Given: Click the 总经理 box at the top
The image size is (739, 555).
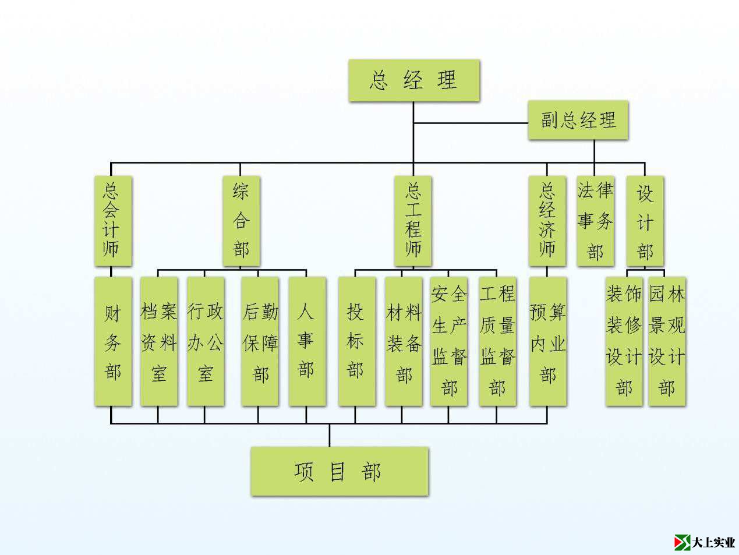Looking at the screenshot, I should coord(414,80).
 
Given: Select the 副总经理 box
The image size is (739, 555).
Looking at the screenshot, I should coord(578,121).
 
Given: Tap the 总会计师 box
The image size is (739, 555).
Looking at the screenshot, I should coord(113,221).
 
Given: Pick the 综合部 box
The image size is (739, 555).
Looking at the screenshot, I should coord(241,221).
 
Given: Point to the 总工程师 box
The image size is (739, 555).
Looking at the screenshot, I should coord(413,221).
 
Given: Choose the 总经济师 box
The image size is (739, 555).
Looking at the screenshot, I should coord(547,221).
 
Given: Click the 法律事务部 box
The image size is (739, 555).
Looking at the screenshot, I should coord(595,221).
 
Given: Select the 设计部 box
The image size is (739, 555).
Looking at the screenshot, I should coord(645,221).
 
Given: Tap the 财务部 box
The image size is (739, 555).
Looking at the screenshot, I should coord(113,341).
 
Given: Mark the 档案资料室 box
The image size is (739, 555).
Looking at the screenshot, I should coord(159,341).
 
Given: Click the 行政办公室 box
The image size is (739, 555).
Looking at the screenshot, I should coord(205,341).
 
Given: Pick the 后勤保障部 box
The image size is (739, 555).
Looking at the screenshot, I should coord(260,341).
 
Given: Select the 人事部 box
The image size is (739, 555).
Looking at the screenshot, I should coord(307,341).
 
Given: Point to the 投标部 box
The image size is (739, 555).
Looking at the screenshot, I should coord(356,341).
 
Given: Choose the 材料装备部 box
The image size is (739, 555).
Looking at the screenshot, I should coord(403,341).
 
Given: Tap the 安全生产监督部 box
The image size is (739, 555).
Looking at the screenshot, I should coord(448,341).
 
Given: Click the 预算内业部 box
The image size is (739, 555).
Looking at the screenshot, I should coord(547,341).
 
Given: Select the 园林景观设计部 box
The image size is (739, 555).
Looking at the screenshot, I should coord(667,341).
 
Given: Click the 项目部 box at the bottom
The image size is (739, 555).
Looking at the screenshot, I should coord(340,472).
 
